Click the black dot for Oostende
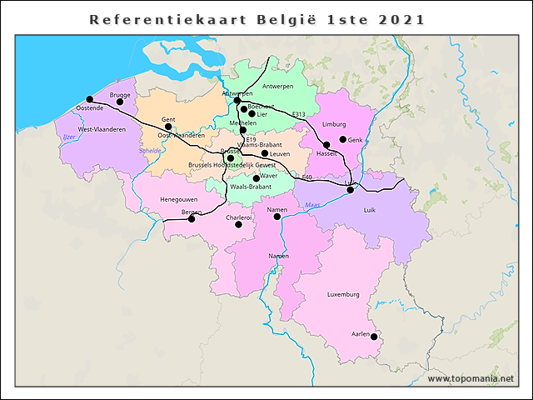pos(89,99)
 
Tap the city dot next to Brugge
pos(120,102)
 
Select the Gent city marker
pos(168,127)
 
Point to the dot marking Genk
pos(342,139)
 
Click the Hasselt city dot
pos(326,145)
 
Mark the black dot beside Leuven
pos(265,153)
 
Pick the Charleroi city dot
pos(238,224)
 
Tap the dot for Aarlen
pos(374,337)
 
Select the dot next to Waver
pos(256,177)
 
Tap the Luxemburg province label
pos(343,294)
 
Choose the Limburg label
pos(333,124)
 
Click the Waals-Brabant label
pos(250,187)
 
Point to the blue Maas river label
pos(312,205)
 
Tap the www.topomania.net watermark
pos(471,378)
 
